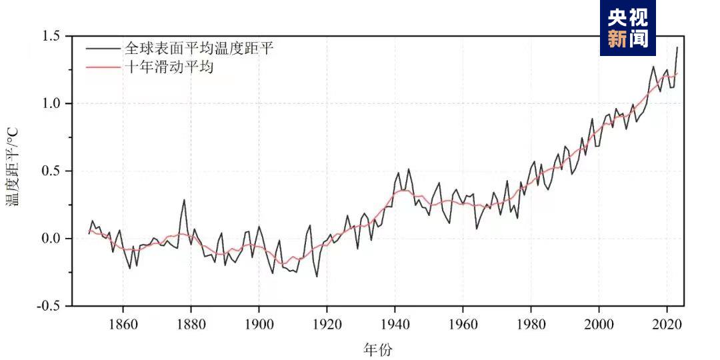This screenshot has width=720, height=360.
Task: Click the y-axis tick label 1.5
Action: pos(52,35)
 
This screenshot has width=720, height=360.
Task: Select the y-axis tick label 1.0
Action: pos(52,103)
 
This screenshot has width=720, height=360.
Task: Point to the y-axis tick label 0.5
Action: pos(52,171)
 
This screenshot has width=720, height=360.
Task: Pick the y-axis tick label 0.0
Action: pos(52,239)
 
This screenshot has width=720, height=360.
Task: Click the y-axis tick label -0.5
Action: pos(50,306)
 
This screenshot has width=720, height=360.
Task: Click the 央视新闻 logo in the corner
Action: pos(627,27)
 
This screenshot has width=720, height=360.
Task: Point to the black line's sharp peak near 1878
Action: pos(184,199)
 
